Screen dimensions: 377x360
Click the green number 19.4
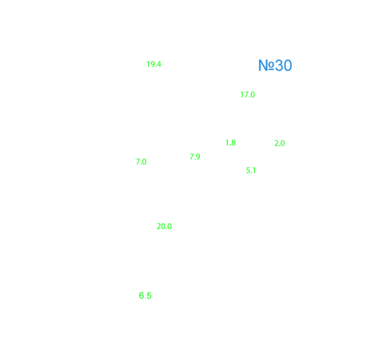[x=154, y=64]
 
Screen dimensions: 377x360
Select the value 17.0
[x=248, y=94]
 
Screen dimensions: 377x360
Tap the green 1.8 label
[x=231, y=143]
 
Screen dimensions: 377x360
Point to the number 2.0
[x=279, y=144]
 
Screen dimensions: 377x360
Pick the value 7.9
[x=195, y=157]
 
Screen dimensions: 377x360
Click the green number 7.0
[x=141, y=162]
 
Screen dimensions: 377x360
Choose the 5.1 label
[x=250, y=170]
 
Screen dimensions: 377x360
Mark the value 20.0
[x=164, y=226]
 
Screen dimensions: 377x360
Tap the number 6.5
[x=145, y=296]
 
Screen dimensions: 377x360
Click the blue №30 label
[x=275, y=66]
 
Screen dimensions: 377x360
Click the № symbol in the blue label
[x=266, y=66]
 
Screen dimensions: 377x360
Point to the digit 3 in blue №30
[x=279, y=66]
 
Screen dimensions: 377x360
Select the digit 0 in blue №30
[x=288, y=66]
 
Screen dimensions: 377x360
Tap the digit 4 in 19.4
[x=159, y=64]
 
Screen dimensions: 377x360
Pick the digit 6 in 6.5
[x=141, y=296]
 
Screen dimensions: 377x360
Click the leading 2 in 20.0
[x=159, y=226]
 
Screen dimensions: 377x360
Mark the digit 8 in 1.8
[x=233, y=143]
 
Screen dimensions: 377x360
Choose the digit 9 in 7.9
[x=197, y=157]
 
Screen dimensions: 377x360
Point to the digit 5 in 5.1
[x=248, y=170]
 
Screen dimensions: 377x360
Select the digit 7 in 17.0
[x=245, y=94]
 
